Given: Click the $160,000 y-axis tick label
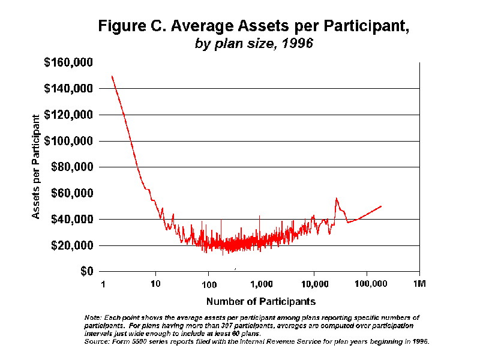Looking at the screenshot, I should click(x=68, y=62).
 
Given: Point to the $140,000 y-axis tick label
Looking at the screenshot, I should click(x=68, y=89).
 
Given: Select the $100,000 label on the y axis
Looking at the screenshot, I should click(x=68, y=141).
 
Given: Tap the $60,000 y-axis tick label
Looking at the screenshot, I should click(x=71, y=193).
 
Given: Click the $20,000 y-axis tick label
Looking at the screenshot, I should click(x=71, y=245).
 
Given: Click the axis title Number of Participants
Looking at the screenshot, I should click(x=260, y=301).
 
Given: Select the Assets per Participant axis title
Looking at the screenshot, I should click(x=37, y=166).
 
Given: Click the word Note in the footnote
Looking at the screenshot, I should click(x=93, y=317).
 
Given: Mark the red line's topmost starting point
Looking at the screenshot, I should click(x=112, y=76).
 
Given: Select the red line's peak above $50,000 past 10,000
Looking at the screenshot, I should click(x=336, y=198).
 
